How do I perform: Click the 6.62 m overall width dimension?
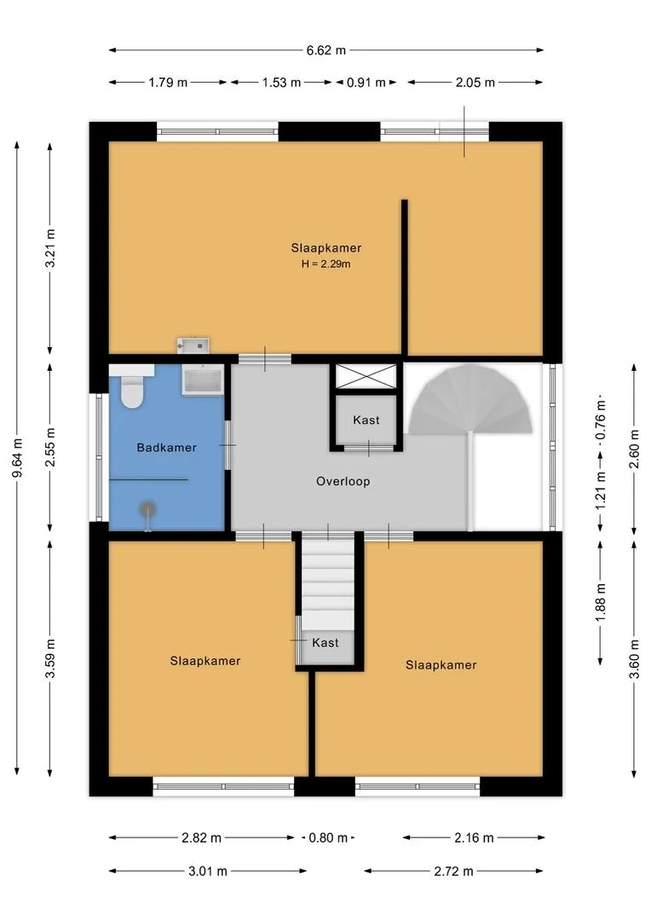(325, 50)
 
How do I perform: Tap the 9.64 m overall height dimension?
(18, 458)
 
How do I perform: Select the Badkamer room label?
(167, 448)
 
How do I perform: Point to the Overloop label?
(343, 482)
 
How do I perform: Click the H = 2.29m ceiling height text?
(325, 264)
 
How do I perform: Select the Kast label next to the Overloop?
(366, 420)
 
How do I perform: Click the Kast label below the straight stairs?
(325, 643)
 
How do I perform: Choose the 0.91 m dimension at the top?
(366, 82)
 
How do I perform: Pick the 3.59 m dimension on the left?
(50, 658)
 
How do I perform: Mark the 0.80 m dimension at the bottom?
(328, 837)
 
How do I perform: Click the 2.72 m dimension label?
(453, 871)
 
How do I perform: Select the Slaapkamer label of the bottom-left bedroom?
(205, 661)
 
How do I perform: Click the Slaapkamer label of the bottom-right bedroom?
(441, 665)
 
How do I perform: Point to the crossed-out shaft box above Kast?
(366, 377)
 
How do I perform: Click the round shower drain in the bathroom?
(147, 509)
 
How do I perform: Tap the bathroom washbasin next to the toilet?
(203, 379)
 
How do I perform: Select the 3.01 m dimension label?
(207, 871)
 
